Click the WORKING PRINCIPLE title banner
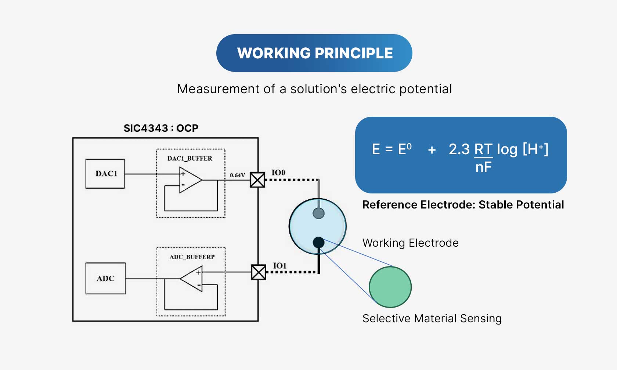314,53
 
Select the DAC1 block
105,174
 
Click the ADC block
105,278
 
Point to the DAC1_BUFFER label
190,158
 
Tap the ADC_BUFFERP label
192,257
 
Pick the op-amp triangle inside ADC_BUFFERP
192,279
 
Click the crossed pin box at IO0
257,180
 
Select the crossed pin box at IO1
259,272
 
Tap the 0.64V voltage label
237,175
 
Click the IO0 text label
278,173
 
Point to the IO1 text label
279,265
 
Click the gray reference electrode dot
318,213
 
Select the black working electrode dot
318,242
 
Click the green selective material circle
390,287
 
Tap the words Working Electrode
410,243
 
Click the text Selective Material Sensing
432,318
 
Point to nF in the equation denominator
483,167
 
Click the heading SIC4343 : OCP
161,128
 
